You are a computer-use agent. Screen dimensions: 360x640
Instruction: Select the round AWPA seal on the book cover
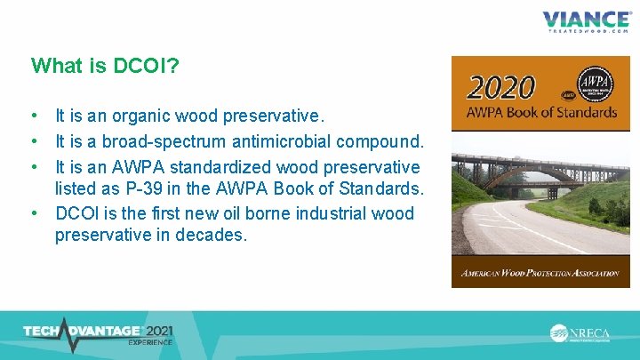[x=595, y=87]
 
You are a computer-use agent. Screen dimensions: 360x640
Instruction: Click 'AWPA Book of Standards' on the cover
[x=541, y=113]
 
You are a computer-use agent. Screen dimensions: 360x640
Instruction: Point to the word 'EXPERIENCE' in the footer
[x=149, y=342]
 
